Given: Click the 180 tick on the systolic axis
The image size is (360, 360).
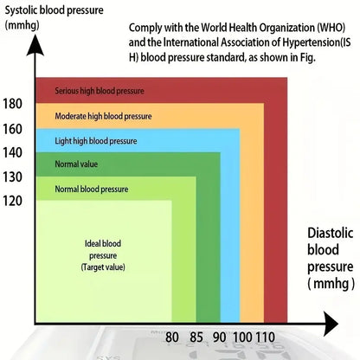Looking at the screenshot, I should (x=13, y=104).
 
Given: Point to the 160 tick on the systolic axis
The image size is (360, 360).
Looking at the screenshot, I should (x=13, y=130).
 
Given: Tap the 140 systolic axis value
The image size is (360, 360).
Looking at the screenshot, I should (x=13, y=152).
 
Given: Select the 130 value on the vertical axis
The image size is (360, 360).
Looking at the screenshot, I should (x=13, y=177).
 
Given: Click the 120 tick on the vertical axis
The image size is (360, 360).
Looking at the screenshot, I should (x=13, y=200).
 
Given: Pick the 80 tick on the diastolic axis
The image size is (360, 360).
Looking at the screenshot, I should (x=171, y=337).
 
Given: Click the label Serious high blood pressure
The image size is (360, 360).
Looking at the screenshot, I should (x=100, y=90).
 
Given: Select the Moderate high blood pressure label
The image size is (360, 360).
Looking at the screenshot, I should (x=101, y=115).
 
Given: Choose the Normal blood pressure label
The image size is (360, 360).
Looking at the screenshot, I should (x=91, y=189).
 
